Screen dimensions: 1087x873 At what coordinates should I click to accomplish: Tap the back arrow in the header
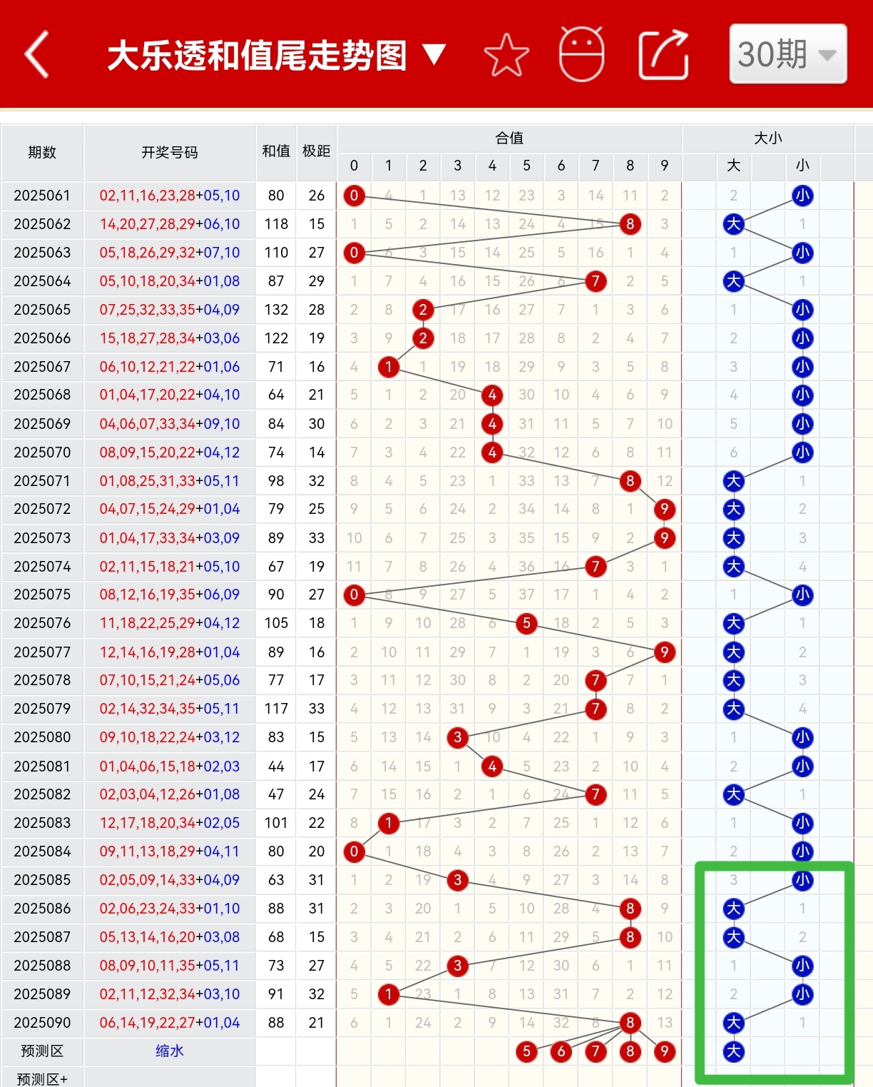point(37,54)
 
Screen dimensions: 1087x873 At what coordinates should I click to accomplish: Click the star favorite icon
point(506,55)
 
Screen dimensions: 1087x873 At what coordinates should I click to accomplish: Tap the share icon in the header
point(663,55)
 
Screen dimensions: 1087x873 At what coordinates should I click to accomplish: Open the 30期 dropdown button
point(787,54)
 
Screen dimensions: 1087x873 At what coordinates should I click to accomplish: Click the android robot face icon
point(581,54)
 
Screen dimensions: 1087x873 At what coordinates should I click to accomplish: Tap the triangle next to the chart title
point(434,54)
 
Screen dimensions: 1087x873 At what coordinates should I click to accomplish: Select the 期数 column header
point(42,152)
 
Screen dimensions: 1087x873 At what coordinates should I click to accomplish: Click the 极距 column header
point(316,151)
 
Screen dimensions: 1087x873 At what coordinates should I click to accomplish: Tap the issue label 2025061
point(42,196)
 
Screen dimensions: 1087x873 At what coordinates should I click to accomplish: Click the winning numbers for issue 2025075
point(170,595)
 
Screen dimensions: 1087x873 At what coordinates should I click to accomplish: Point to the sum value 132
point(276,310)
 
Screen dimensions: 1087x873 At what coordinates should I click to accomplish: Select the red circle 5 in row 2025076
point(526,623)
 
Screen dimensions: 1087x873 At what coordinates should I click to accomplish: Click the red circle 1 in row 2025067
point(389,367)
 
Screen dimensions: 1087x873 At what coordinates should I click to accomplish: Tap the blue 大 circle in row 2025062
point(733,224)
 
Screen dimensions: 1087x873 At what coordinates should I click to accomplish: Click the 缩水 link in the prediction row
point(170,1051)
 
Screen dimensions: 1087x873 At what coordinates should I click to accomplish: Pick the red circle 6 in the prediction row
point(561,1051)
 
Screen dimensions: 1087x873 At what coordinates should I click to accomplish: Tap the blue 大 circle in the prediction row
point(733,1051)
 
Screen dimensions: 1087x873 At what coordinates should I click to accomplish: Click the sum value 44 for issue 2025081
point(276,767)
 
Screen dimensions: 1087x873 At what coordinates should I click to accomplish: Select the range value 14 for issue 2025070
point(317,453)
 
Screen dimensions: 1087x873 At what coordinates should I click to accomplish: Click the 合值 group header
point(509,138)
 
